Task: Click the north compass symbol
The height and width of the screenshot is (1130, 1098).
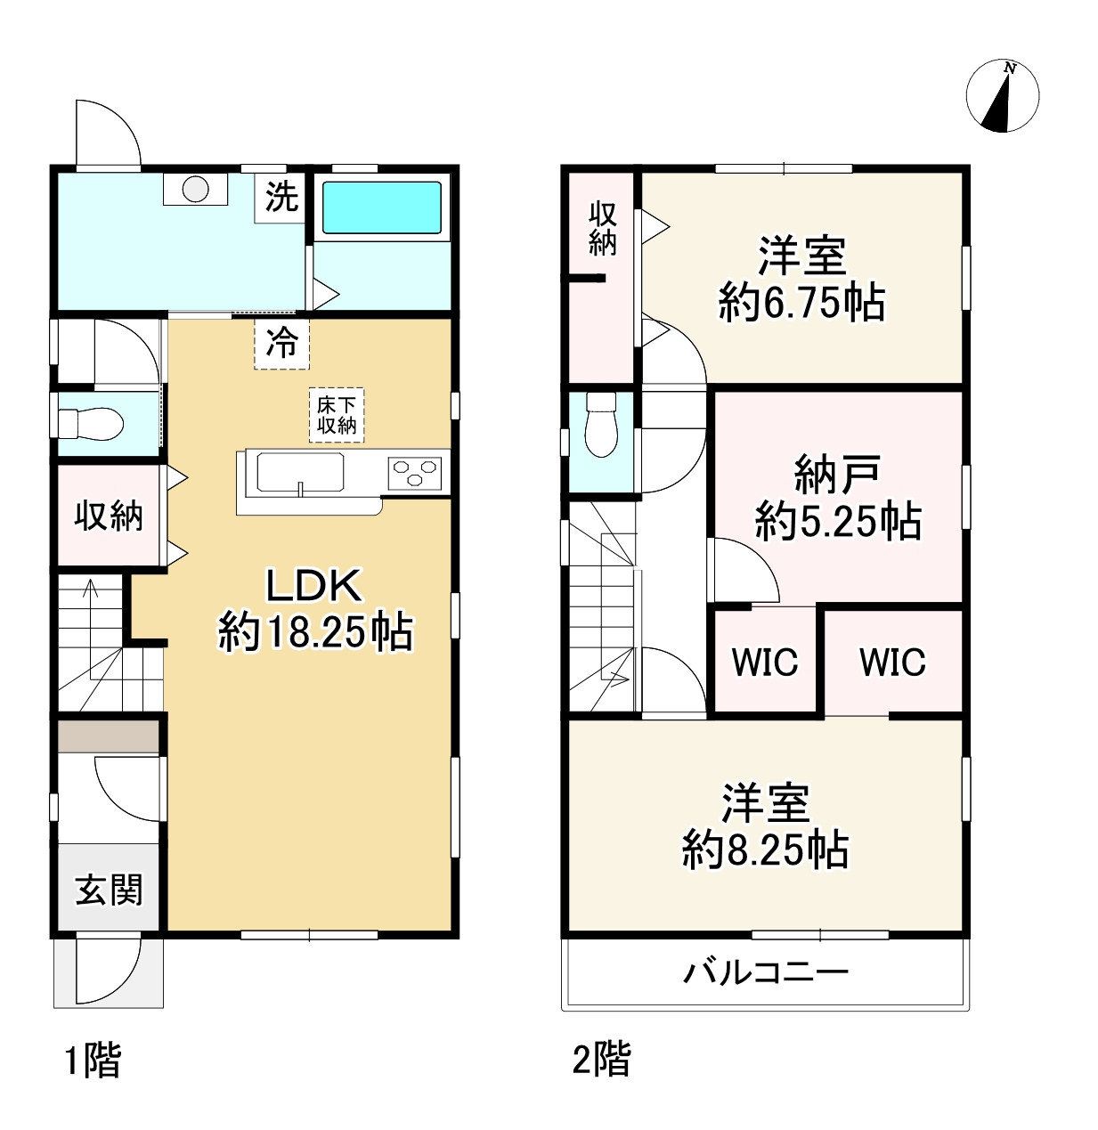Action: [1002, 96]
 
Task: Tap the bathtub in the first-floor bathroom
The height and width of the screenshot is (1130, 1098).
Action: [381, 207]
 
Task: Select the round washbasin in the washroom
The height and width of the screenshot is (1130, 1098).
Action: [195, 190]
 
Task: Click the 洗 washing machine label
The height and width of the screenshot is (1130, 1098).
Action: [281, 198]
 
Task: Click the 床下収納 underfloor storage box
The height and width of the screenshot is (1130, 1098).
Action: [337, 415]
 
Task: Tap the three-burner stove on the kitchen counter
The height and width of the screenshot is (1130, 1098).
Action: [415, 473]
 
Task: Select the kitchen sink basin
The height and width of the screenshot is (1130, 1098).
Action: [300, 473]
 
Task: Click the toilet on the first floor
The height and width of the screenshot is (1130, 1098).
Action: [91, 424]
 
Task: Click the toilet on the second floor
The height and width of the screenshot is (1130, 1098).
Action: [601, 424]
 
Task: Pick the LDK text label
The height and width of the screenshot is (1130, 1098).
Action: [313, 587]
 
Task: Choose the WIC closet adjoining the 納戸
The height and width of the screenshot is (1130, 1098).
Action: [765, 661]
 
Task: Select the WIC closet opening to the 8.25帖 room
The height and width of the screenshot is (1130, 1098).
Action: [892, 661]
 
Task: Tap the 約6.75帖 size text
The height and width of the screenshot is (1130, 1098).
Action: [801, 303]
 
